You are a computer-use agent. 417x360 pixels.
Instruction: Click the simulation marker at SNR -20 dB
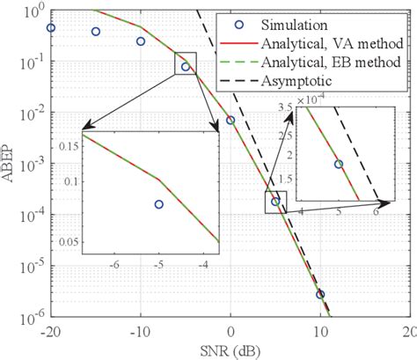[50, 27]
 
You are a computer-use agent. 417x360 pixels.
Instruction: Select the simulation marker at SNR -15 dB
[96, 32]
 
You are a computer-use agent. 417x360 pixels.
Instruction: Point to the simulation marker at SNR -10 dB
[141, 41]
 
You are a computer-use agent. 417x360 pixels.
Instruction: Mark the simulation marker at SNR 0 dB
[230, 120]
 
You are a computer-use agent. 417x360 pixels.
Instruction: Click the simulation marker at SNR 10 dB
[320, 294]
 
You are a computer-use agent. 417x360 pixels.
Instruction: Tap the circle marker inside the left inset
[158, 204]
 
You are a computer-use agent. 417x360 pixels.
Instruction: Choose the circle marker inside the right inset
[339, 164]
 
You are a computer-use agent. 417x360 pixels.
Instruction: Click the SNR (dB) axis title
[230, 349]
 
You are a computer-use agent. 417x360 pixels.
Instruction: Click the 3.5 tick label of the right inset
[287, 106]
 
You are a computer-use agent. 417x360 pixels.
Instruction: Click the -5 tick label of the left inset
[159, 264]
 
